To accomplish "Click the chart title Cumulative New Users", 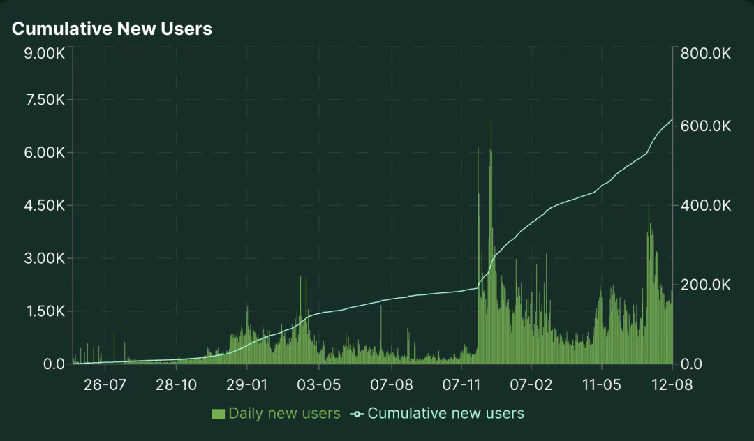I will click(112, 29).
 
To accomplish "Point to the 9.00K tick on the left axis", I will click(44, 54).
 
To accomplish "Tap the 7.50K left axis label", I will click(44, 100).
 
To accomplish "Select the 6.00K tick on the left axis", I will click(44, 153).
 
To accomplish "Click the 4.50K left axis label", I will click(44, 206).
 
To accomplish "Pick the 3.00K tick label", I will click(44, 259).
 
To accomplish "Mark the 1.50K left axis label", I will click(44, 311).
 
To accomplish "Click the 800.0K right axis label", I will click(704, 54).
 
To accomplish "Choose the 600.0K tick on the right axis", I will click(704, 126).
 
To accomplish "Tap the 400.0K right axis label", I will click(704, 206).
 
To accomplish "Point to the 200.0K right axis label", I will click(704, 285).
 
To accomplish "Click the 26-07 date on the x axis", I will click(104, 385).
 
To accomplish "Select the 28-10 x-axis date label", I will click(176, 385).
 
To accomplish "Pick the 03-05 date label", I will click(318, 385).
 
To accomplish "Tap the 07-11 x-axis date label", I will click(461, 385).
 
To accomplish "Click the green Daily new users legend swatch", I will click(218, 414).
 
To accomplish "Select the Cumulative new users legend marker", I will click(357, 414).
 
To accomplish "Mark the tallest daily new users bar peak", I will click(491, 119).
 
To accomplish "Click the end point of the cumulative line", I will click(672, 119).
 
